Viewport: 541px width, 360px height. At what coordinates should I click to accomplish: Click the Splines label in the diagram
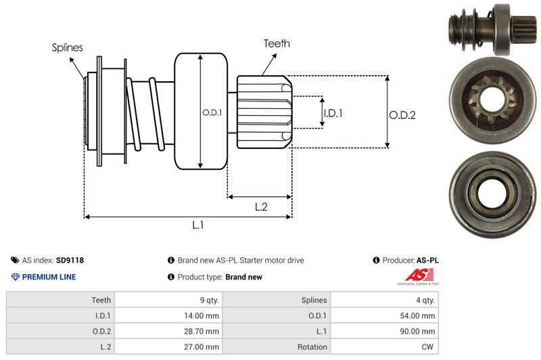68,48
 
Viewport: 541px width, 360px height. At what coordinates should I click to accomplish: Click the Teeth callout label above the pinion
277,43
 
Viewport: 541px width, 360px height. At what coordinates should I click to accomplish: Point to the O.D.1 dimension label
211,112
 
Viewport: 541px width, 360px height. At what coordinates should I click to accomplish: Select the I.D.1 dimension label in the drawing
333,113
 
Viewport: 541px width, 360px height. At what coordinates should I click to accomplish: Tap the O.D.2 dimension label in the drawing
402,115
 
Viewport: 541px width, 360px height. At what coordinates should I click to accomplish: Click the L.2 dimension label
261,207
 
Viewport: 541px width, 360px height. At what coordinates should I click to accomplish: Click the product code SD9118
70,260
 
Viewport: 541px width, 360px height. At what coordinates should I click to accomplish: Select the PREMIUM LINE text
49,277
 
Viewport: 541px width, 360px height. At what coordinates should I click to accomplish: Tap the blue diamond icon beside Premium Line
16,277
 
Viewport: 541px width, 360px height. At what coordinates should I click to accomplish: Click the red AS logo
415,275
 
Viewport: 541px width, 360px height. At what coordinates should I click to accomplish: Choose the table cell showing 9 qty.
207,300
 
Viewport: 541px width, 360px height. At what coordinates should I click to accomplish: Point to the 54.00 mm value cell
419,315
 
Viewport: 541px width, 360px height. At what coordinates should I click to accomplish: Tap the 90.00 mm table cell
419,331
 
